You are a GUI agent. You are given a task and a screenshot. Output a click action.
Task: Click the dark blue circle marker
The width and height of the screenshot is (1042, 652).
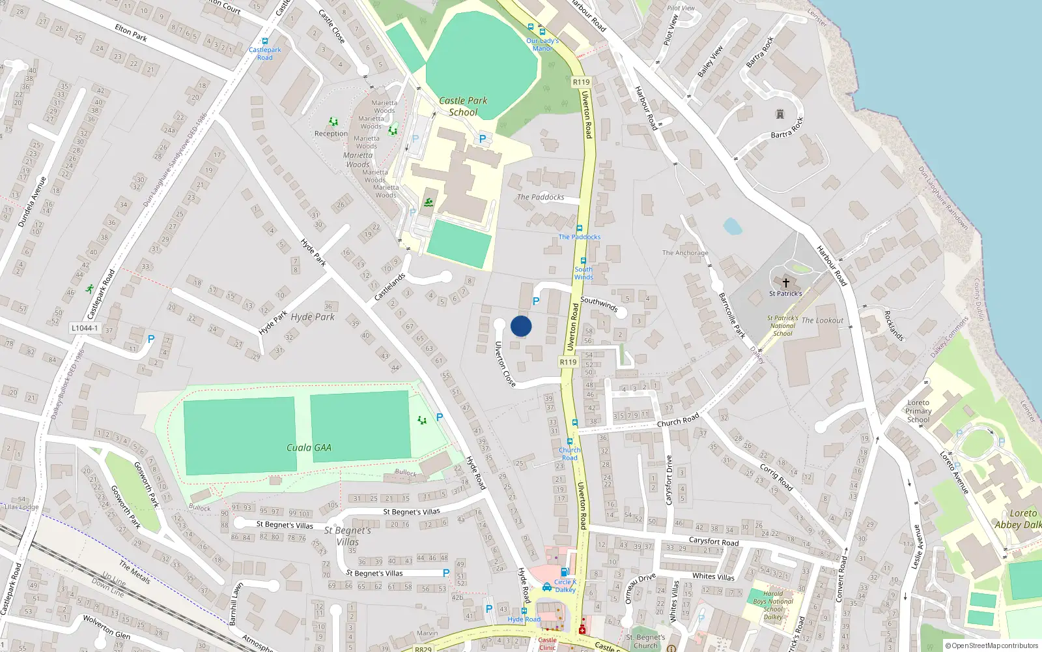coord(521,326)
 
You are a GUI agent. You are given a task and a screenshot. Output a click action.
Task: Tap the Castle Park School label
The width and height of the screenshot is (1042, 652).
coord(463,106)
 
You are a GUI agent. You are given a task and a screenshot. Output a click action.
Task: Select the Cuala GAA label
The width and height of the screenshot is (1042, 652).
coord(309,447)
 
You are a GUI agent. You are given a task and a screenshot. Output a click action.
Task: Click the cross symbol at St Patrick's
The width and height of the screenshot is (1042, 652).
coord(785,283)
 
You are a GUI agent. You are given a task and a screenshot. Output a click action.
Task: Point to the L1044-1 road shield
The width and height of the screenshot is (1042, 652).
coord(85,328)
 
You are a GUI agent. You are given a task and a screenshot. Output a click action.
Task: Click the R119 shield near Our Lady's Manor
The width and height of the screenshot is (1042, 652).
coord(581,82)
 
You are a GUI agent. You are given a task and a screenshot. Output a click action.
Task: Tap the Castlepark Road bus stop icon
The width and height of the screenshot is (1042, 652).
coord(264,41)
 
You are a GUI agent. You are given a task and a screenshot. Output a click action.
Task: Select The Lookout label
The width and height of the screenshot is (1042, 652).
coord(822,320)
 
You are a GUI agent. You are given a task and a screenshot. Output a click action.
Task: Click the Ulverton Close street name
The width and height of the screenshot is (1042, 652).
coord(505,364)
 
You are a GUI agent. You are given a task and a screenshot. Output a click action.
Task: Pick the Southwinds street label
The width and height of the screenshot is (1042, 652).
coord(598,304)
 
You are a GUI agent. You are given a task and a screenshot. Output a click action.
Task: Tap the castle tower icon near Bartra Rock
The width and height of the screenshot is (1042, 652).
coord(780,115)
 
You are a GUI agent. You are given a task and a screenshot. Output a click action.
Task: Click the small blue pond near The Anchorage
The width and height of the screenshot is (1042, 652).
coord(732,226)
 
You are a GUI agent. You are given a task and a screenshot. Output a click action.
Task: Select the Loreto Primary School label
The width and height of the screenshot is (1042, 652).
coord(918,411)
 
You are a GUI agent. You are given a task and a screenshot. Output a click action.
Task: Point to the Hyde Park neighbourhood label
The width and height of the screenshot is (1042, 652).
coord(313,317)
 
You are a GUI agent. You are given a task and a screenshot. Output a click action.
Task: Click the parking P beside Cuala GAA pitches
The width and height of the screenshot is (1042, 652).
coord(440,417)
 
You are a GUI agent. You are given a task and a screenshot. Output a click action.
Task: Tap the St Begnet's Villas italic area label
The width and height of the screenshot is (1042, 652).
coord(348,536)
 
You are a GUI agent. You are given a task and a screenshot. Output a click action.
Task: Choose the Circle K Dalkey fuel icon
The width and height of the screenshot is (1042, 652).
coord(547,587)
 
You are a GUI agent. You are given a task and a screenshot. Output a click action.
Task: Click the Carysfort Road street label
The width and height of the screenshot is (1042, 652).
coord(714,541)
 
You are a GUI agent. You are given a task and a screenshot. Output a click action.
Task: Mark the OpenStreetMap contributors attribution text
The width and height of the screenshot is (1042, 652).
coord(994,645)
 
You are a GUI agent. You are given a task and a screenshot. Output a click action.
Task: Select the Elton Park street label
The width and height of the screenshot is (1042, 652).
coord(131,33)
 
